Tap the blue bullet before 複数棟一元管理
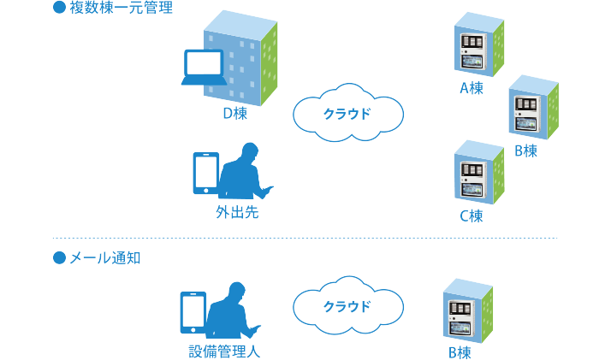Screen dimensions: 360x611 (59, 10)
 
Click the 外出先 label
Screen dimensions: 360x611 (237, 212)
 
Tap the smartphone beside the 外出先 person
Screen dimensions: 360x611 (205, 176)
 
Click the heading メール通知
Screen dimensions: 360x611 (104, 257)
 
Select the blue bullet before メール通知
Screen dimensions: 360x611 (59, 257)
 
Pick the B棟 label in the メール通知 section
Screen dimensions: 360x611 (460, 351)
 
